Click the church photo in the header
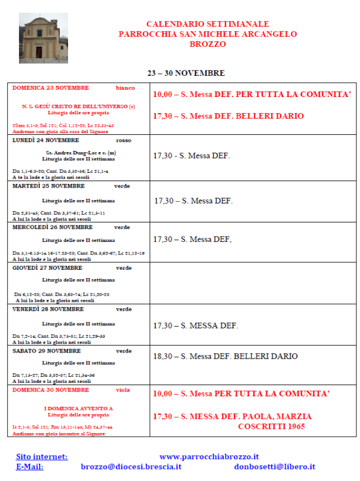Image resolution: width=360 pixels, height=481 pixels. coord(43,38)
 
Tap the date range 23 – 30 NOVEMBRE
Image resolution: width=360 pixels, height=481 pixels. coord(186,73)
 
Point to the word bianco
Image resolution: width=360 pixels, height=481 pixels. coord(125,88)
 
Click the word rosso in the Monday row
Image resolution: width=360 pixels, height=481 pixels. coord(124,140)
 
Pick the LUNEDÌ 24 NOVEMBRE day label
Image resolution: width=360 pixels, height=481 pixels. coord(43,140)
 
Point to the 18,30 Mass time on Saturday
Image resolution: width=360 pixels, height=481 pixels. coord(163,356)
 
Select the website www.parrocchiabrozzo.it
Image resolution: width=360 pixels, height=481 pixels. coord(209,456)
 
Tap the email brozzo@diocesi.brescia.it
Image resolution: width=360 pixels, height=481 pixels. coord(131,466)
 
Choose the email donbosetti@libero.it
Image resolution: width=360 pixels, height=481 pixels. coord(274,466)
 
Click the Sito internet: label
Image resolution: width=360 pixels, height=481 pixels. coord(41,456)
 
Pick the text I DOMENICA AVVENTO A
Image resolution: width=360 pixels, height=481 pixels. coord(79,409)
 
